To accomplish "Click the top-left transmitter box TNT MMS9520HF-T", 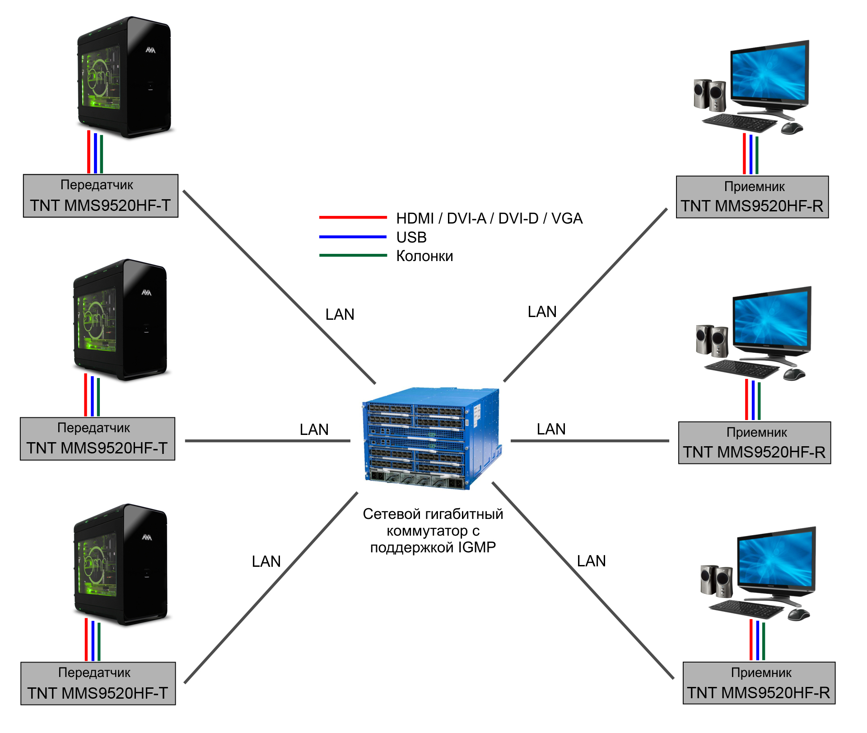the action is (x=101, y=196).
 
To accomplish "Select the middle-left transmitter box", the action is (x=98, y=439).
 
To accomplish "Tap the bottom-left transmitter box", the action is (x=98, y=683).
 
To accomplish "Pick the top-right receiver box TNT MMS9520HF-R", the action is (x=752, y=197).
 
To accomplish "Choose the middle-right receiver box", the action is (x=755, y=443).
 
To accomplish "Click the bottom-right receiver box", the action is (x=759, y=683).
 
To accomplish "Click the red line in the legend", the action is (x=353, y=217).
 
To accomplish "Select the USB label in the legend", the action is (x=411, y=237).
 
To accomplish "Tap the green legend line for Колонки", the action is (x=353, y=255).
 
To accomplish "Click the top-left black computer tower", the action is (x=125, y=77).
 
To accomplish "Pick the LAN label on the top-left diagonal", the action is (x=340, y=314).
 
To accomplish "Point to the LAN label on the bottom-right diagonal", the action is (x=592, y=561).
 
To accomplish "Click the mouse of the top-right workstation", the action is (x=792, y=128).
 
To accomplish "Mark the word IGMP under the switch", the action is (x=477, y=547).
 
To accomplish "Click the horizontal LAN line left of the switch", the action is (x=268, y=441).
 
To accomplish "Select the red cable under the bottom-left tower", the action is (x=86, y=640).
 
